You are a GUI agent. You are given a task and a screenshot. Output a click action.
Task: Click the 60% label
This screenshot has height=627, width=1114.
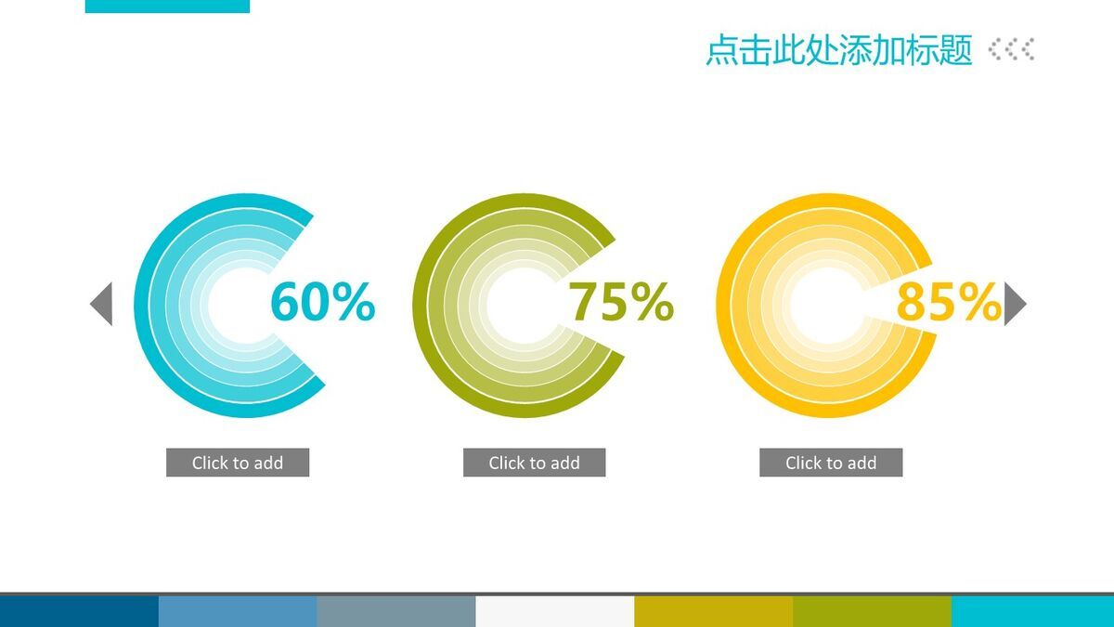click(x=322, y=303)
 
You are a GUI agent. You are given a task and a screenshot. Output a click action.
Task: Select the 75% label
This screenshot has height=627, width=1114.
click(x=620, y=303)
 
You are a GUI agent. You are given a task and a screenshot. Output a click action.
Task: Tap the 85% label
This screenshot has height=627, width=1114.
click(x=948, y=303)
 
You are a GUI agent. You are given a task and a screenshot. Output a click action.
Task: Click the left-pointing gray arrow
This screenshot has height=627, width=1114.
click(x=101, y=304)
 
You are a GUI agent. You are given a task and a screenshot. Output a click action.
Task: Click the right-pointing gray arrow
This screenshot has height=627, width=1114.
click(x=1015, y=304)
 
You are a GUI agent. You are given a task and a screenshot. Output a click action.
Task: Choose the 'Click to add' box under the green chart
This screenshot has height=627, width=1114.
click(x=534, y=463)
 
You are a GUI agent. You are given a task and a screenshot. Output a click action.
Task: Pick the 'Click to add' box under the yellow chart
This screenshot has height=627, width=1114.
click(x=831, y=463)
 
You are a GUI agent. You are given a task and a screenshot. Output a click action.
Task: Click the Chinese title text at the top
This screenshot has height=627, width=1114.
click(x=838, y=50)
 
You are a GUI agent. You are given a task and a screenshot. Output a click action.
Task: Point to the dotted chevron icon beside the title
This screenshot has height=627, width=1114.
click(x=1012, y=49)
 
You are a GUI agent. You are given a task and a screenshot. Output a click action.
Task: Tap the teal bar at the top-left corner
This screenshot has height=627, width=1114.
click(x=167, y=6)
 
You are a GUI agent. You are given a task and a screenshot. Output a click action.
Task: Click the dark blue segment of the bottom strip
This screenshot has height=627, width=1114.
click(x=79, y=611)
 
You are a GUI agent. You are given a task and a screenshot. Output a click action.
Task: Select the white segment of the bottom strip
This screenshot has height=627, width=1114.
click(x=554, y=611)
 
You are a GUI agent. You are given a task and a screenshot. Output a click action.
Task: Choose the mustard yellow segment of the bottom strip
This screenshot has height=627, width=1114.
click(x=713, y=611)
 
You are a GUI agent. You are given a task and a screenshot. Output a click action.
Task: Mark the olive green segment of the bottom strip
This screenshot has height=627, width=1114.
click(x=872, y=611)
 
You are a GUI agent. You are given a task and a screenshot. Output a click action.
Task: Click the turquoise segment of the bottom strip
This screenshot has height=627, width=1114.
click(x=1032, y=611)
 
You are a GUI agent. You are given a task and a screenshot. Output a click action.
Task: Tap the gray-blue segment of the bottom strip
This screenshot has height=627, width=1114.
click(x=395, y=611)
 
